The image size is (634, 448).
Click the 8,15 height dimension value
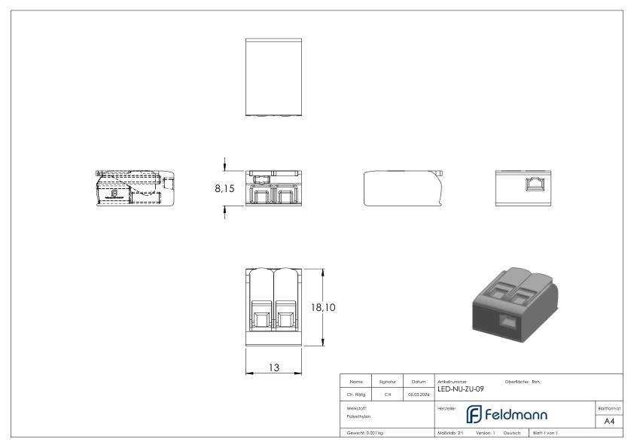pos(224,190)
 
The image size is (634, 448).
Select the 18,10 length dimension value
pos(323,307)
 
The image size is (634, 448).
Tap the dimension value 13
pos(274,367)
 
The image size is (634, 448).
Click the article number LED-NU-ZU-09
pos(460,389)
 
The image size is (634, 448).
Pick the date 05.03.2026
pos(418,394)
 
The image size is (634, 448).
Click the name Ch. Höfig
pos(357,394)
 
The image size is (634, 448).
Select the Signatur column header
pos(388,382)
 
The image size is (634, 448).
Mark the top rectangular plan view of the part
pos(274,78)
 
